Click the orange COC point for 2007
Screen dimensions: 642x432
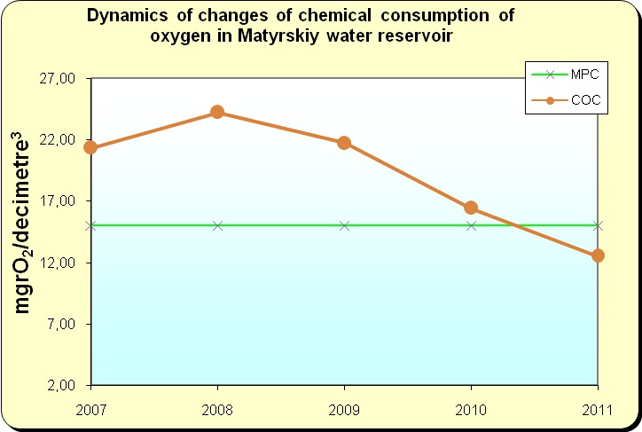[90, 147]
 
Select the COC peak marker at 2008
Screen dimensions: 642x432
[217, 112]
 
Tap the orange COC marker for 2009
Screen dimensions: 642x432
[344, 143]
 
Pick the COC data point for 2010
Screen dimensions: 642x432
[471, 208]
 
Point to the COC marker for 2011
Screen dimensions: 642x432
[598, 255]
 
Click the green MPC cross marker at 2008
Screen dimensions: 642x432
[217, 225]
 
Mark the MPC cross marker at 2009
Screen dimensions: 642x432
[344, 225]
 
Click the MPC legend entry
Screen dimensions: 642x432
[565, 75]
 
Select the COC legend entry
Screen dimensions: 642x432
[566, 100]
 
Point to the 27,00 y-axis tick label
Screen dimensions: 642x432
[58, 78]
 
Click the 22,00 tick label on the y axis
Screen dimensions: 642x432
[58, 139]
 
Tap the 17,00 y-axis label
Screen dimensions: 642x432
[58, 201]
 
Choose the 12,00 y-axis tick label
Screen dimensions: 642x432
[58, 263]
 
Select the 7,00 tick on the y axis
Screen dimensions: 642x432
[61, 324]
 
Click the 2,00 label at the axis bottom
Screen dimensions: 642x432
[61, 385]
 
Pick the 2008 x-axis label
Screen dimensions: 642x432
[217, 410]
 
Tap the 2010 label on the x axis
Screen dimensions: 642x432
[471, 410]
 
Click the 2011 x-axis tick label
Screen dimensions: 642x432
[597, 410]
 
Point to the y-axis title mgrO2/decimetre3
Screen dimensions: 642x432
[22, 223]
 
